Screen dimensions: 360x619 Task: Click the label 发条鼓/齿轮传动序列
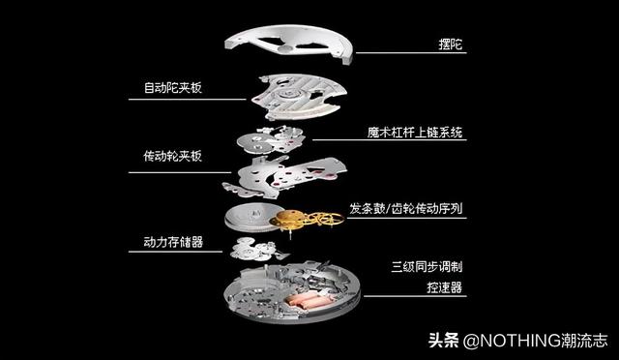click(x=406, y=209)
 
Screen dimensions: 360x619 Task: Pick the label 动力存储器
click(x=166, y=242)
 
